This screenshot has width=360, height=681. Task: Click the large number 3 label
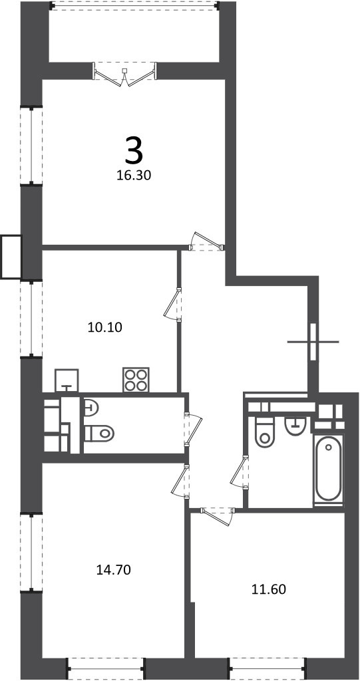[x=134, y=150]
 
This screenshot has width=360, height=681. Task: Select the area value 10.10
[x=105, y=327]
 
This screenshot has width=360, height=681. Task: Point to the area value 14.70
[x=114, y=569]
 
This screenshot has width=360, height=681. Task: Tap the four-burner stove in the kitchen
[x=136, y=380]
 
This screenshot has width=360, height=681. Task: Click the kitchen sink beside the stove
[x=67, y=380]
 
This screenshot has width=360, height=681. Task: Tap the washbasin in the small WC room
[x=91, y=407]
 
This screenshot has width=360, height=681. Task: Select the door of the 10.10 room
[x=172, y=304]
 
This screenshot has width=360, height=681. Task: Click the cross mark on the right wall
[x=313, y=342]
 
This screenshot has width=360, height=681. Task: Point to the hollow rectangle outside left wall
[x=11, y=257]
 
